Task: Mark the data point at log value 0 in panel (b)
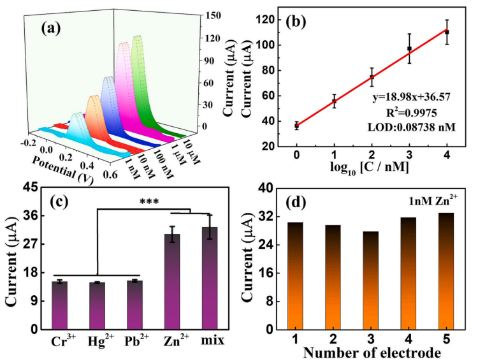coord(296,126)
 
